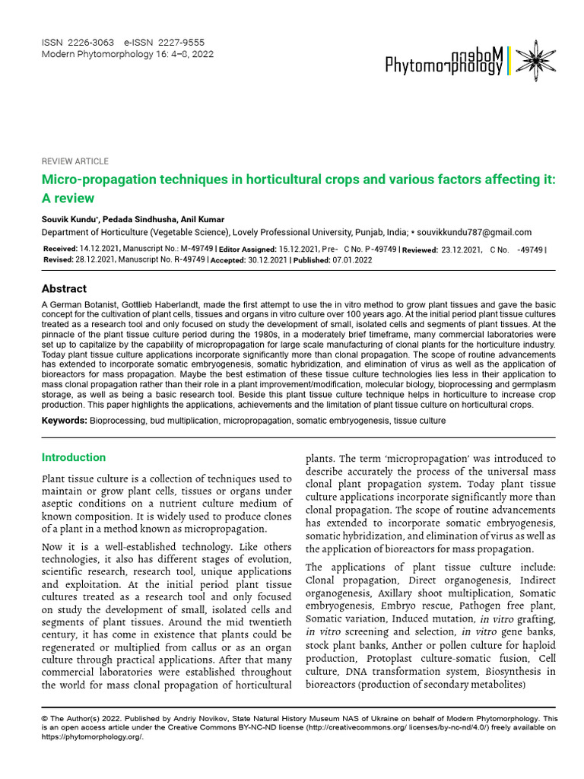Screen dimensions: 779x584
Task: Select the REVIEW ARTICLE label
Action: pyautogui.click(x=75, y=161)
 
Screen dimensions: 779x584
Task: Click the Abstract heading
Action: pyautogui.click(x=64, y=289)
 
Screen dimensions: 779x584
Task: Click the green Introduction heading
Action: pyautogui.click(x=74, y=457)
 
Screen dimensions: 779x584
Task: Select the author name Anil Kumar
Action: pyautogui.click(x=202, y=220)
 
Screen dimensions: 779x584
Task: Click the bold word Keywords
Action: pyautogui.click(x=64, y=421)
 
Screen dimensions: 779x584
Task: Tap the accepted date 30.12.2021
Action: pyautogui.click(x=266, y=259)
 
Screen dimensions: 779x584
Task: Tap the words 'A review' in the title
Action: pyautogui.click(x=68, y=199)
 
